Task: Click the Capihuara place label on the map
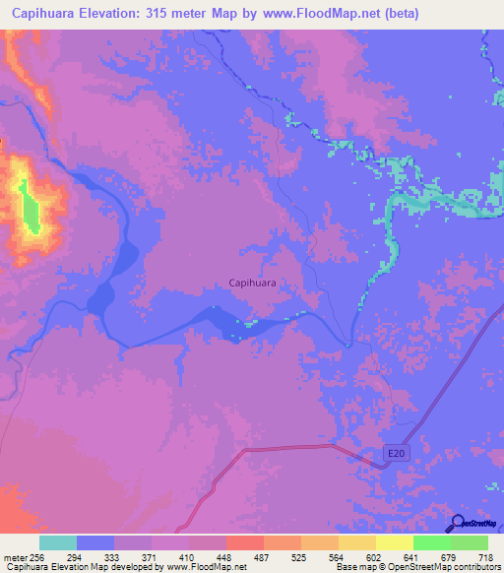[251, 283]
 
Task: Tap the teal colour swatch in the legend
[58, 542]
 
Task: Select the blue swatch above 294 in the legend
[95, 542]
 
